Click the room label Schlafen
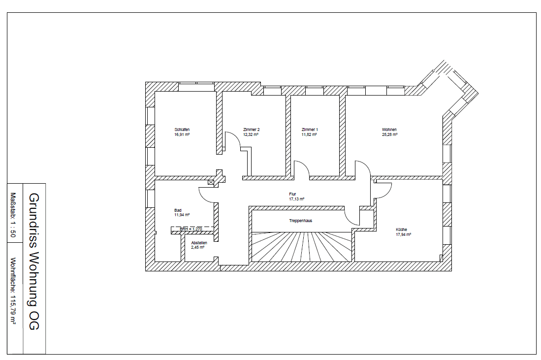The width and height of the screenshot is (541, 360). point(182,130)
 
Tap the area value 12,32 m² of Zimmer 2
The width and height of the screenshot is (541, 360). point(251,134)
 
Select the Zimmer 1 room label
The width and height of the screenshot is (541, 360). point(310,130)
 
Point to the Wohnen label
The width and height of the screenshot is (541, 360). point(389,130)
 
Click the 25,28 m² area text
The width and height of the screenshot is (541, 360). point(389,134)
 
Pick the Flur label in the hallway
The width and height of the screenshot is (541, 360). point(292,194)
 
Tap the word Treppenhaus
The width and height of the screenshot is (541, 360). point(300,221)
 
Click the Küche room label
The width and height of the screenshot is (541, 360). point(401,229)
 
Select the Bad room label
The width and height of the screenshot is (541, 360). point(178,210)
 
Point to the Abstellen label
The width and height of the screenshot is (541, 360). point(199,243)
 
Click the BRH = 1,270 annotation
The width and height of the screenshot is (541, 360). point(191,229)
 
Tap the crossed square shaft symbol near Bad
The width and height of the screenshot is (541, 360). point(211,182)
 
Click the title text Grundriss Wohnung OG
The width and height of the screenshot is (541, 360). point(33,261)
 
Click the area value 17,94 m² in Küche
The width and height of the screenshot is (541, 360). point(403,234)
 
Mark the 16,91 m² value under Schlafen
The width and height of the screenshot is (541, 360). point(182,134)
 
